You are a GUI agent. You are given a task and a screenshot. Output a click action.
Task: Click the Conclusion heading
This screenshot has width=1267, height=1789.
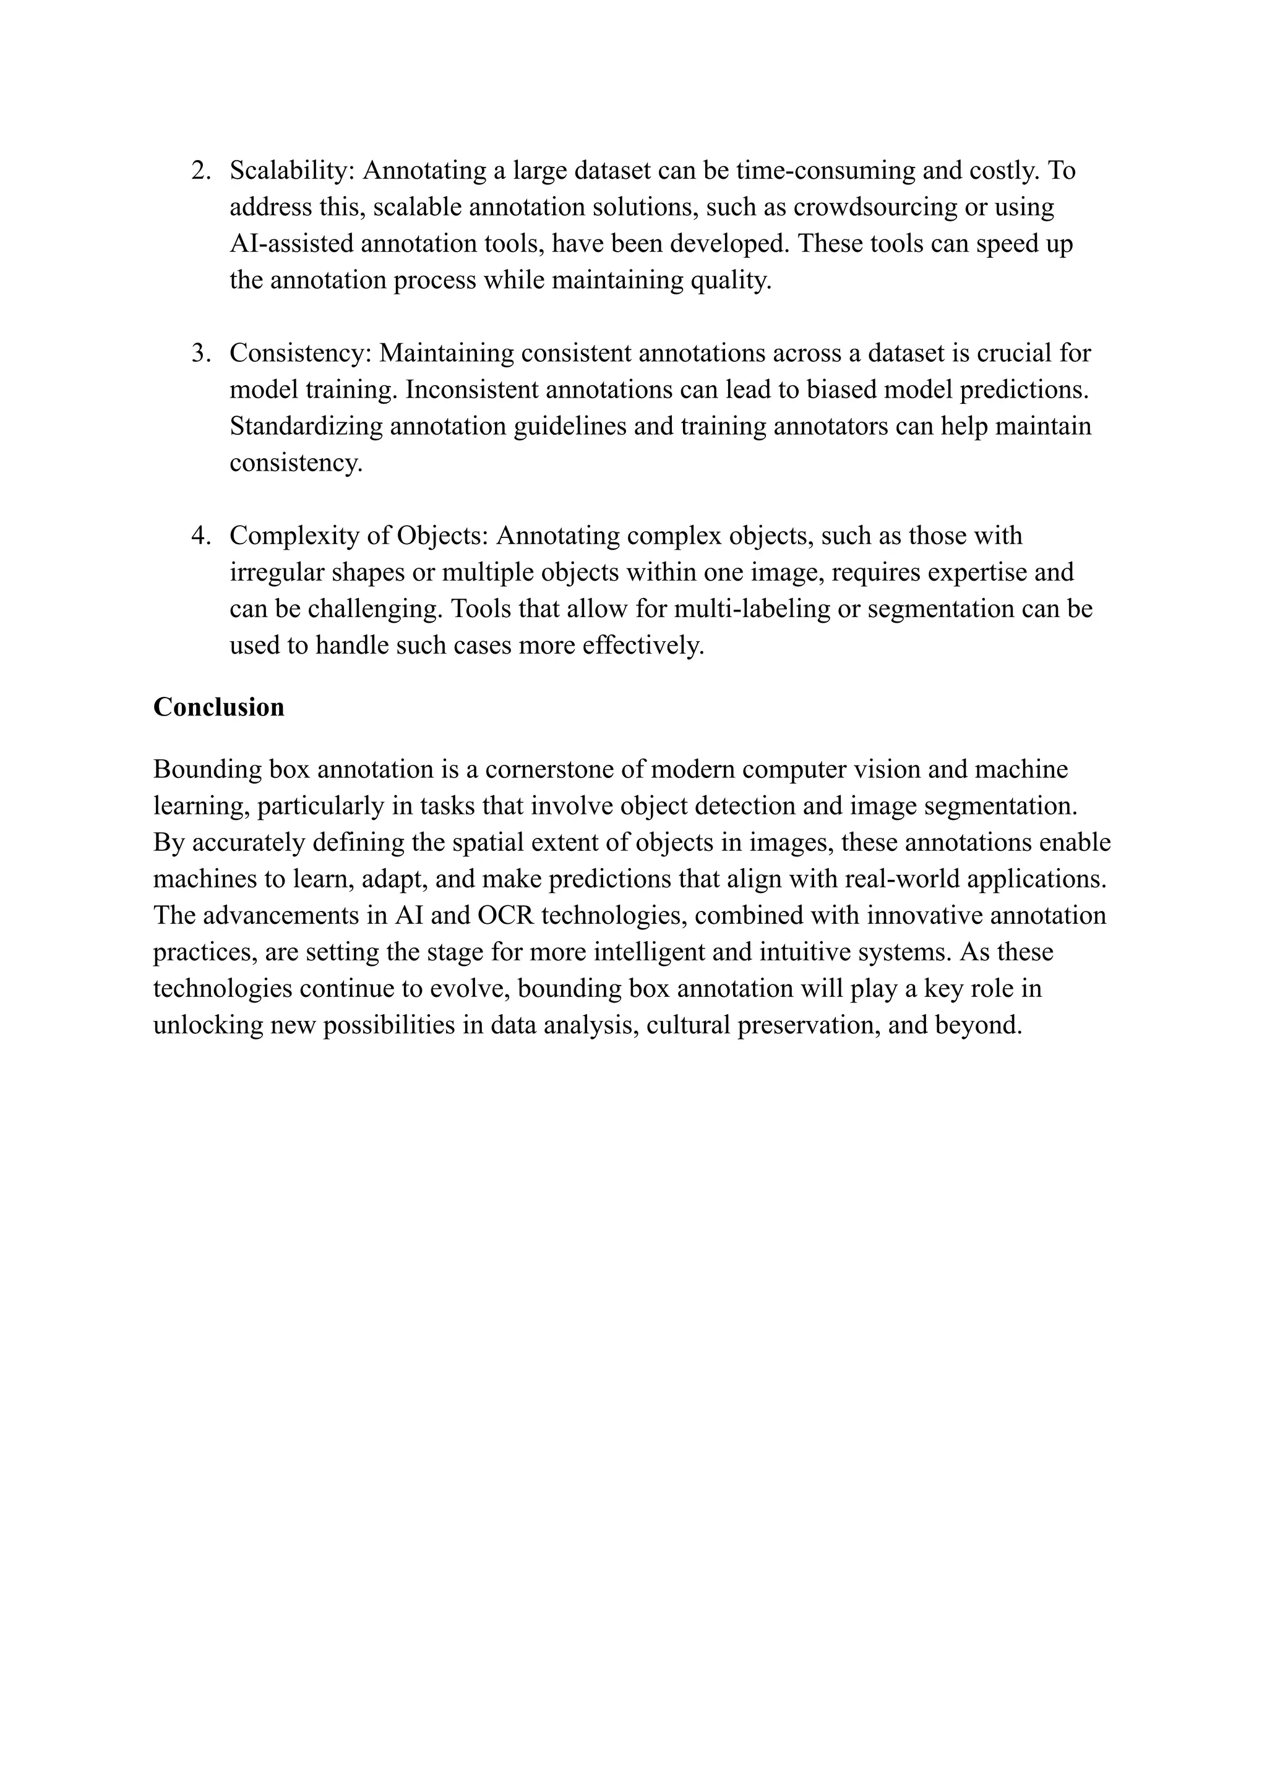tap(218, 707)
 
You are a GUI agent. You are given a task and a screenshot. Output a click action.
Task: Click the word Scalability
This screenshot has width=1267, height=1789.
tap(292, 170)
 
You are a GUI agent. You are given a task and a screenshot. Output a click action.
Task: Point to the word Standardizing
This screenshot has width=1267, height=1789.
tap(306, 426)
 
